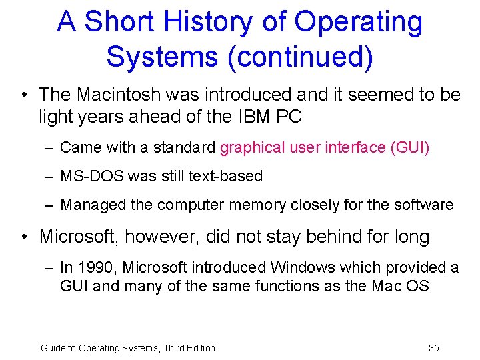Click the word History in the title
click(x=180, y=23)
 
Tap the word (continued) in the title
click(x=301, y=57)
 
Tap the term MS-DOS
click(x=89, y=176)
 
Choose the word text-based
click(x=227, y=176)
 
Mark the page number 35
click(x=433, y=347)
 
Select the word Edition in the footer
click(x=199, y=347)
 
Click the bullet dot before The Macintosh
click(x=24, y=95)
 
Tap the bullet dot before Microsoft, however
click(x=24, y=236)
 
